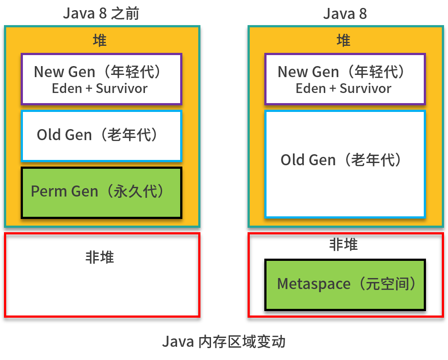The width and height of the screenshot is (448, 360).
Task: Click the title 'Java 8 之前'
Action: [101, 13]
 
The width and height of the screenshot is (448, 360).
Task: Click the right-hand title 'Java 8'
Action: [344, 13]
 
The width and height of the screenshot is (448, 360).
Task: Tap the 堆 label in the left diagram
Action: [100, 41]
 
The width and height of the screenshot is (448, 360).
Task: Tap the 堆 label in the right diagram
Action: [344, 41]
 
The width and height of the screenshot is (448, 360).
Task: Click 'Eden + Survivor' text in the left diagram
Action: [100, 89]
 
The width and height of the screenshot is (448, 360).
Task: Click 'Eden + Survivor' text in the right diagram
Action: [343, 89]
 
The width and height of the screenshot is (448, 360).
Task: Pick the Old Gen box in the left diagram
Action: [101, 135]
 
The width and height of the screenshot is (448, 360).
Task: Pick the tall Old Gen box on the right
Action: [345, 163]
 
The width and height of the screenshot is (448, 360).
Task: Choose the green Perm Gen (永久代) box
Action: [101, 193]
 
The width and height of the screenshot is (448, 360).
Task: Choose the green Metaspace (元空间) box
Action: [345, 285]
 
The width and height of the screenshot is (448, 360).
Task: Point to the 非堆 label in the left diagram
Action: [100, 257]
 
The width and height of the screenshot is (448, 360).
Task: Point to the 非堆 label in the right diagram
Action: [344, 245]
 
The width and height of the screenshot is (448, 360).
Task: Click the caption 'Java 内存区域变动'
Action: [224, 341]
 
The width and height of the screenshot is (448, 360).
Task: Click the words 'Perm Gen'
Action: [64, 192]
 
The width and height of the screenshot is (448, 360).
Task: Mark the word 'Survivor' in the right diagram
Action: [366, 89]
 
